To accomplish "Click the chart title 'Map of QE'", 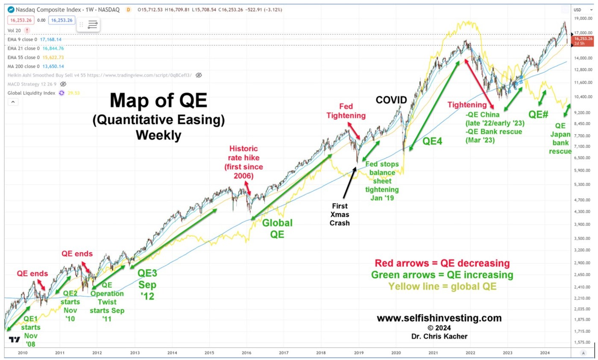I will tap(158, 101).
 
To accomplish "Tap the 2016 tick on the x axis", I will tap(246, 353).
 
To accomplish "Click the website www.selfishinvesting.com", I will tap(439, 318).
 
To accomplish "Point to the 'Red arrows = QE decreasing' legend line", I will tap(442, 263).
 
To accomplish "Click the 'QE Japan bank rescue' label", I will tap(560, 138).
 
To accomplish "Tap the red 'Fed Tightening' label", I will tap(352, 110).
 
